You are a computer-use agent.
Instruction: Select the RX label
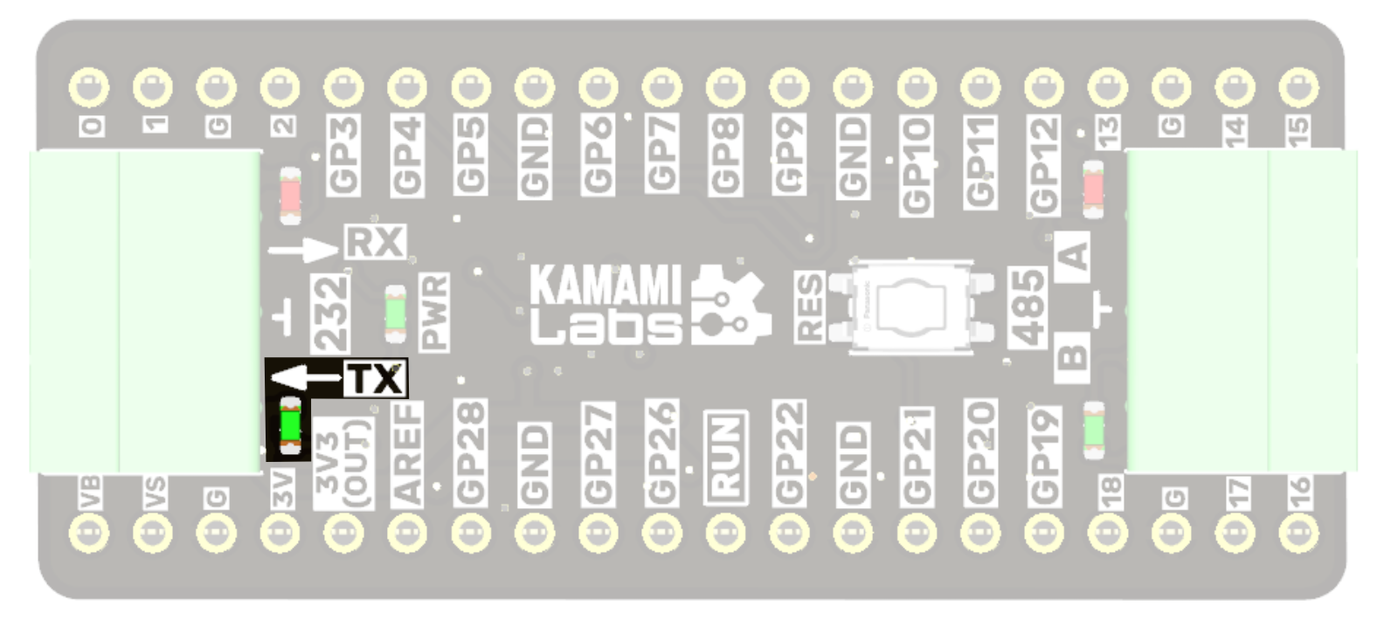click(376, 242)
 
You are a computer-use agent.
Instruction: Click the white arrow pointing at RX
click(302, 251)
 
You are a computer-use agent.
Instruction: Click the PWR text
click(434, 312)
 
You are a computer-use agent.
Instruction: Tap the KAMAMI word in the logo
click(606, 286)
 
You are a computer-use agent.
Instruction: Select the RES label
click(810, 307)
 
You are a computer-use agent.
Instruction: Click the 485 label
click(1028, 307)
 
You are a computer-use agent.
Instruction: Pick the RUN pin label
click(725, 456)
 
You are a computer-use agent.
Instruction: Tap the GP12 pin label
click(1044, 165)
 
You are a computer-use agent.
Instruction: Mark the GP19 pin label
click(1044, 456)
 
